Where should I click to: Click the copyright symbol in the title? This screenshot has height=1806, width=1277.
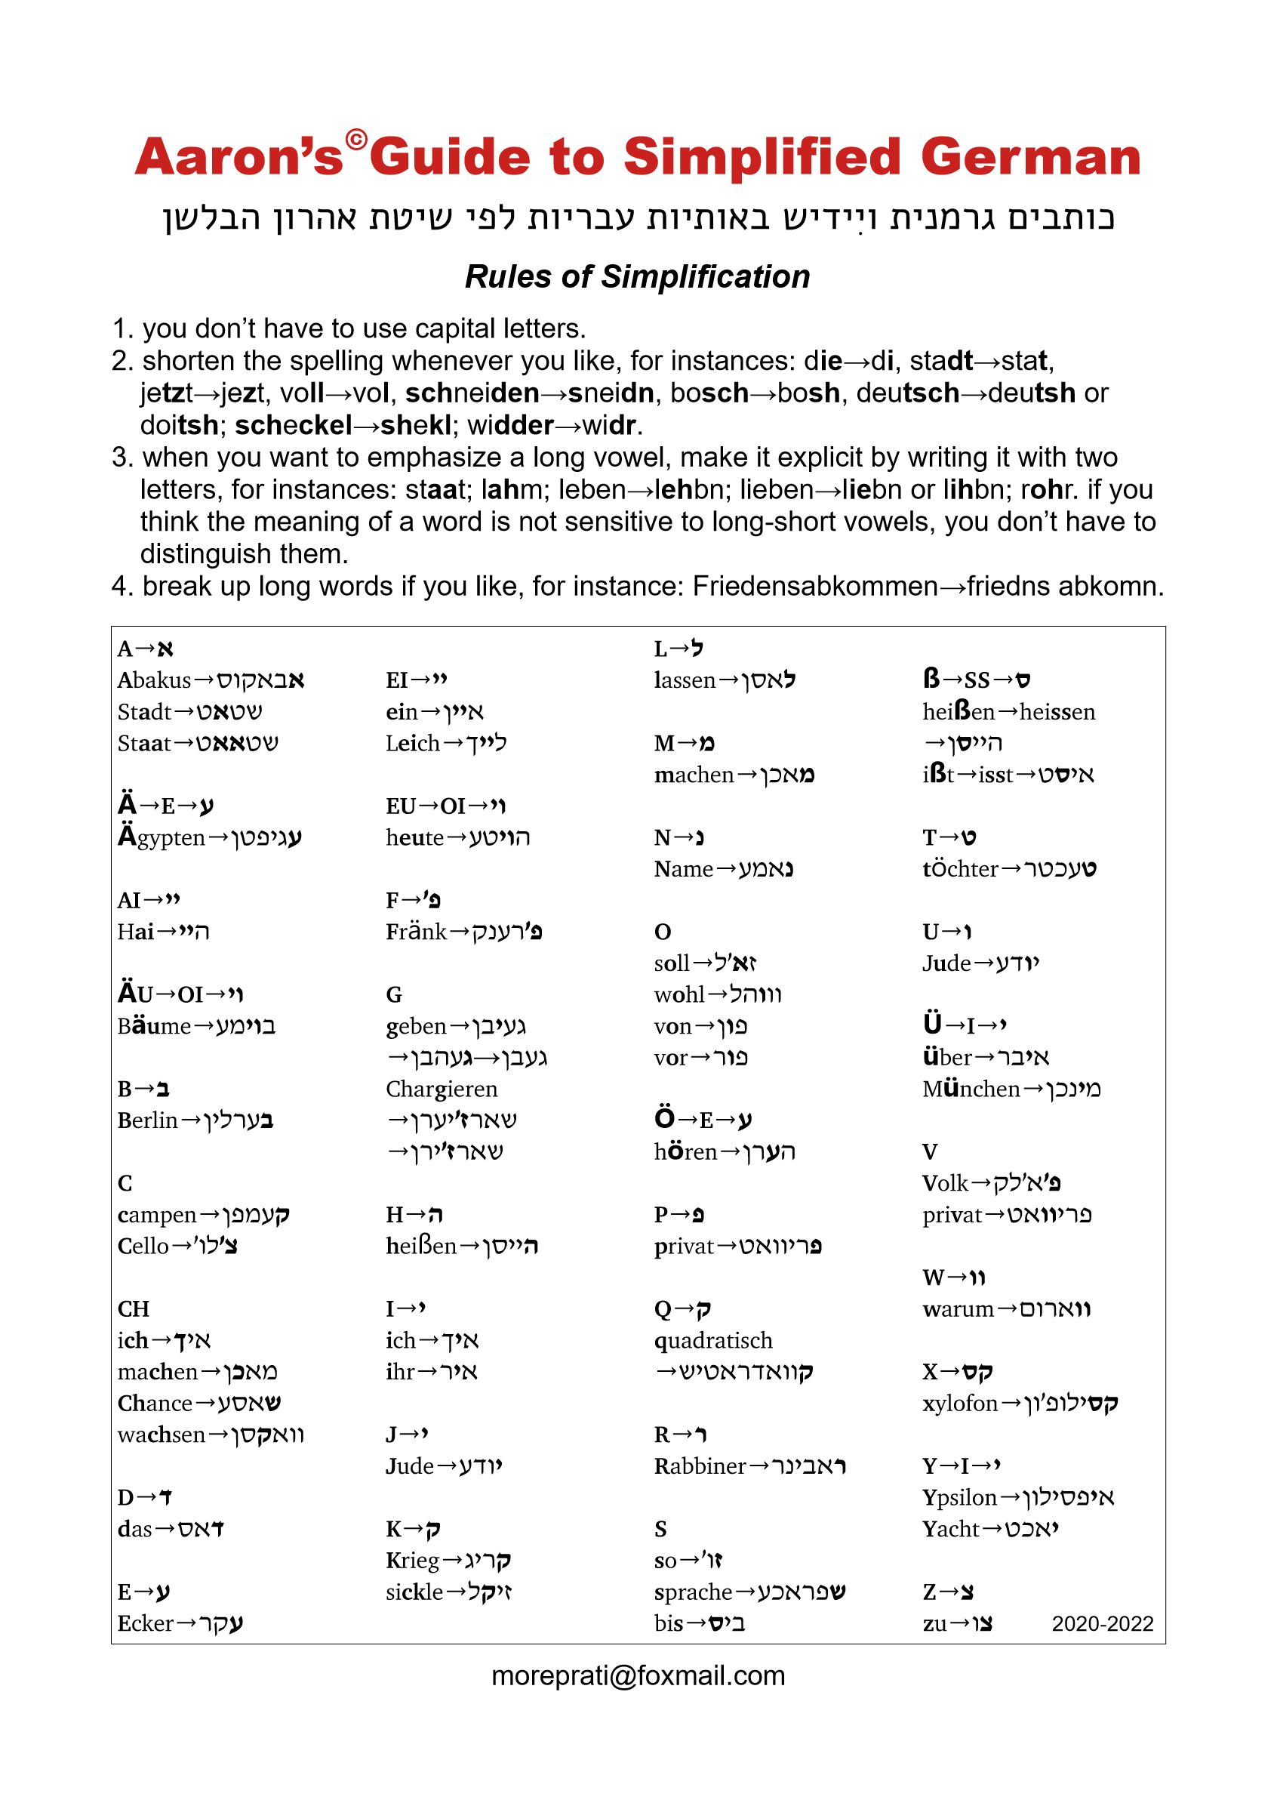click(356, 140)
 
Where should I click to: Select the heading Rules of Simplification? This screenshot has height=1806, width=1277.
click(637, 277)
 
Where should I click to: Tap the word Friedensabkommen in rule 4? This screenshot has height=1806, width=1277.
click(814, 586)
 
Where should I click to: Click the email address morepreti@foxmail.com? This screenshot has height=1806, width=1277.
click(638, 1675)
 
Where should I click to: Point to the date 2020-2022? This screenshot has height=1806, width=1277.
click(1103, 1623)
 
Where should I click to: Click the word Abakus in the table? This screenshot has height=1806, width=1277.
click(154, 680)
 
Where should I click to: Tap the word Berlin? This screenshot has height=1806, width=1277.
click(148, 1120)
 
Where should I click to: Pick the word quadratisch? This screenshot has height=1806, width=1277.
click(713, 1340)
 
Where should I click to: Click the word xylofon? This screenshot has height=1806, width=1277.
click(959, 1404)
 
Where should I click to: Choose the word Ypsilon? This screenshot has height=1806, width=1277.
click(959, 1498)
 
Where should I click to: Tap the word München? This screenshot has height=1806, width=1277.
click(971, 1089)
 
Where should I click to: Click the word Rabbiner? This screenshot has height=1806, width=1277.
click(700, 1466)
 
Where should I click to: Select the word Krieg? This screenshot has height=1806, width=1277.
click(412, 1561)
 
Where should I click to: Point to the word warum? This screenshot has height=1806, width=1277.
click(958, 1310)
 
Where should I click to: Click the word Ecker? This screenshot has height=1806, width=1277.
click(146, 1623)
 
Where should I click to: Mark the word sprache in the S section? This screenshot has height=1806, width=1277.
click(693, 1593)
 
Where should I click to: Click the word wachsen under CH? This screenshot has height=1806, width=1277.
click(162, 1435)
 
